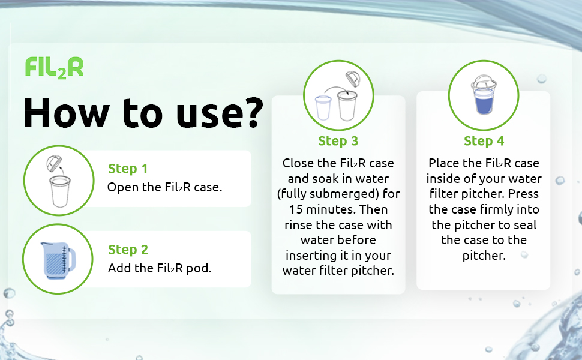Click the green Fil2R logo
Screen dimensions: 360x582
click(x=54, y=67)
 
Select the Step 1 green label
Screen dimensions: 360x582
click(x=128, y=169)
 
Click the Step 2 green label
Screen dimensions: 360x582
click(x=128, y=250)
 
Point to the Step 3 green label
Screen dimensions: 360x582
click(x=338, y=142)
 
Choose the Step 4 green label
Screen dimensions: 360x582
click(x=484, y=142)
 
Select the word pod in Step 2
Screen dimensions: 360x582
click(x=201, y=268)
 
